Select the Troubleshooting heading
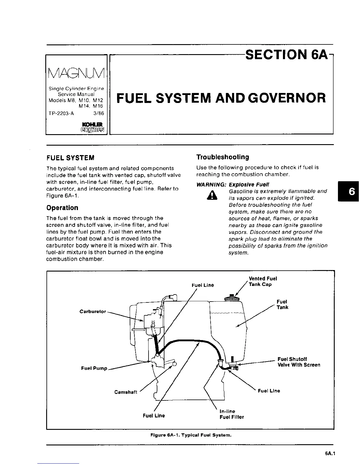click(223, 157)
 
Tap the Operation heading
click(62, 208)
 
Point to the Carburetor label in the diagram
click(93, 312)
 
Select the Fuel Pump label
click(94, 368)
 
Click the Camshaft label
click(126, 392)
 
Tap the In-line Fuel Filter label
click(231, 414)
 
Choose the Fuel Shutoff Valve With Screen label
click(299, 362)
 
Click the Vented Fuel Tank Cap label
click(263, 281)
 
